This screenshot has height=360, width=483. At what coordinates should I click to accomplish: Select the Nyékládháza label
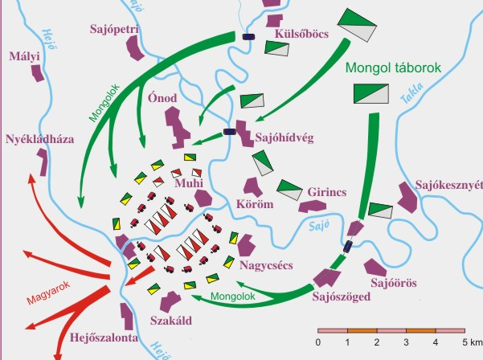[39, 138]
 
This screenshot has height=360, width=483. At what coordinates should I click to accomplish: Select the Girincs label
[325, 193]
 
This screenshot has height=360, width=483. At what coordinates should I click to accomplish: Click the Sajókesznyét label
[448, 185]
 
